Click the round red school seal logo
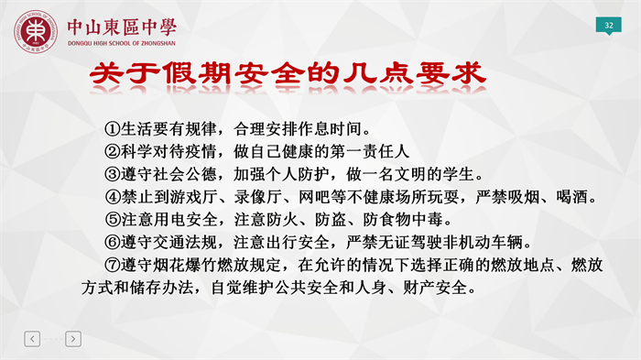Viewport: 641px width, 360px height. [x=36, y=31]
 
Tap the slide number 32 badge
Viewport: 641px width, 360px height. [x=609, y=26]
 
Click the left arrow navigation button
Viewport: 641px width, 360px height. [x=32, y=339]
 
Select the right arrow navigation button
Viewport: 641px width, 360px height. [x=73, y=339]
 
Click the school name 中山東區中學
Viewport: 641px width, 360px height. [x=122, y=27]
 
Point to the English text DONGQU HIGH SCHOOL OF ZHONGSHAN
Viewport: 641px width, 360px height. [x=122, y=43]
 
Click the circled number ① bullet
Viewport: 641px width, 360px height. [x=112, y=129]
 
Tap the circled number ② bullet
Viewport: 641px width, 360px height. [x=112, y=152]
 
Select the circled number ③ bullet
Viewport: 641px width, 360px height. [x=112, y=175]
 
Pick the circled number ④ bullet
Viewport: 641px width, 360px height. [x=112, y=197]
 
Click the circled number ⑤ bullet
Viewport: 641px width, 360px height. [x=112, y=220]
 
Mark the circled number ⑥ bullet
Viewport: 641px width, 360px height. [x=112, y=242]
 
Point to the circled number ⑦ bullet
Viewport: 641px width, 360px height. [x=112, y=265]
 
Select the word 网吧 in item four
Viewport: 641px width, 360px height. [x=314, y=197]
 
